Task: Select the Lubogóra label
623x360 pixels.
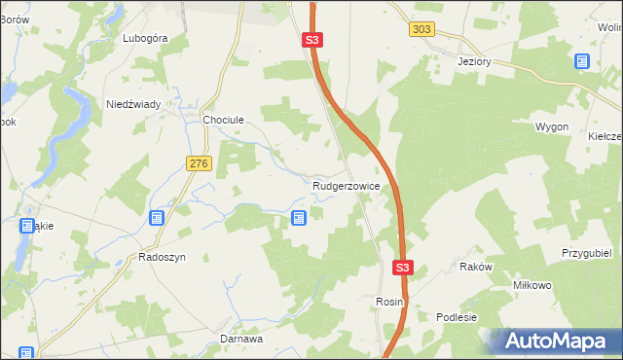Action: pos(146,39)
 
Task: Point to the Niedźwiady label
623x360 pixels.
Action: pos(140,103)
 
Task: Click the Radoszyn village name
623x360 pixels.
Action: pos(162,258)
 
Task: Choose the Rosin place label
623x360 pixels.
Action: pos(389,303)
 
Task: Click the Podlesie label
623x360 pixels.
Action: pos(457,317)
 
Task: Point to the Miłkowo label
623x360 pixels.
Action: pos(532,285)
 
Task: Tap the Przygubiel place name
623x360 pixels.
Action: pos(585,252)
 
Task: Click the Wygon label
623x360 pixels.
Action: pos(552,127)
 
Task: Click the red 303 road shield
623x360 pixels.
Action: pos(421,30)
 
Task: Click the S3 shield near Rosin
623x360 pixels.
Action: pos(404,268)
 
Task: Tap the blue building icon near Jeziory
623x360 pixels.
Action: pos(582,61)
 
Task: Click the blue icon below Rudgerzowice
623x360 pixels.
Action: pos(299,219)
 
